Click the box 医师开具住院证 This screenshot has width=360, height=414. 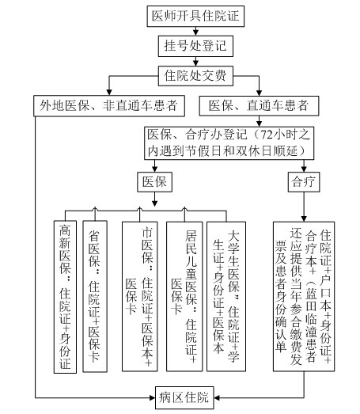click(195, 16)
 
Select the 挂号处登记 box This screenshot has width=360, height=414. click(195, 46)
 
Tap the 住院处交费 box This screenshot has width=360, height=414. click(195, 76)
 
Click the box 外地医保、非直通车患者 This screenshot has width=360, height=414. click(109, 105)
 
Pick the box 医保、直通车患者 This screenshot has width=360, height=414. click(259, 105)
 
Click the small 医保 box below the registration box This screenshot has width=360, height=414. click(154, 182)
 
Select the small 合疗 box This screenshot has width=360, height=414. click(304, 182)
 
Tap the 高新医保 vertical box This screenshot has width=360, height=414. click(65, 297)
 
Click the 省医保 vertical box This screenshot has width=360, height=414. click(95, 296)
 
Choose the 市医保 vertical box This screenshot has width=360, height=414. click(140, 296)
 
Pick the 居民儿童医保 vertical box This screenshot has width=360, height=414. click(184, 296)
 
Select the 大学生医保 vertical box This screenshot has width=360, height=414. click(226, 296)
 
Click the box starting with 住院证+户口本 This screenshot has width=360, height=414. click(304, 296)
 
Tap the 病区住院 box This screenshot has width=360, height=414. click(184, 397)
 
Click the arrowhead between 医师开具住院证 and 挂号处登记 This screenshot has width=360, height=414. click(195, 32)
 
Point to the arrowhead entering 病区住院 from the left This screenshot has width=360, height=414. click(152, 397)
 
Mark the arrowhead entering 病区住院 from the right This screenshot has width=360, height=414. click(217, 397)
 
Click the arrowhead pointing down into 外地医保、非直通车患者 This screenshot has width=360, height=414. click(109, 92)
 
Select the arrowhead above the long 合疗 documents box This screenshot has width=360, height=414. click(304, 218)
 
